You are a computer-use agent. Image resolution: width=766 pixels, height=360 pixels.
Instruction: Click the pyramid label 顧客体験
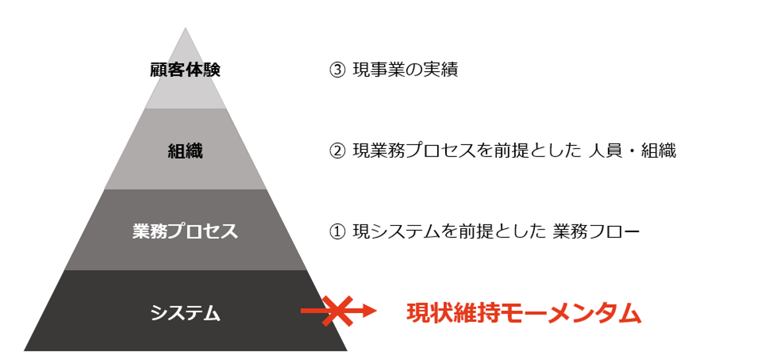[185, 70]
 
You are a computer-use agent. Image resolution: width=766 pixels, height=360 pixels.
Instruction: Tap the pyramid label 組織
[185, 152]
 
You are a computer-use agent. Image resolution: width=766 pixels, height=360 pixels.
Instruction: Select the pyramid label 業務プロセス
[185, 232]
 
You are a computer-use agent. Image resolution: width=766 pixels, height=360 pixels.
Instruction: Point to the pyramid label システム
[185, 313]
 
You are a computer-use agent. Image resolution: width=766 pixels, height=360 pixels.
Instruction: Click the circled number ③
[338, 70]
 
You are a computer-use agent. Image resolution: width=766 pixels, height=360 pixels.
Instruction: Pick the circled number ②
[338, 152]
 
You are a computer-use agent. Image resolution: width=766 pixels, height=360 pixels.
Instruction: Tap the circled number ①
[338, 232]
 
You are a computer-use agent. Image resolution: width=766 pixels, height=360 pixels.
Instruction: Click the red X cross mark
[337, 311]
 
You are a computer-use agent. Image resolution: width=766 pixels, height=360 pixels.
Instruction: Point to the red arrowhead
[369, 311]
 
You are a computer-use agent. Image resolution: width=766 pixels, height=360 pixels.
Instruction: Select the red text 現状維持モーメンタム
[524, 313]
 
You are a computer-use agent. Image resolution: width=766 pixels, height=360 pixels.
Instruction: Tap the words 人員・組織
[632, 152]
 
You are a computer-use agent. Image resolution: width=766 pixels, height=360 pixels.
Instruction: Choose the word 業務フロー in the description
[596, 232]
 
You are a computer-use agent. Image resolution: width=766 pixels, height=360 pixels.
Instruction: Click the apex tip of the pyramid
[185, 29]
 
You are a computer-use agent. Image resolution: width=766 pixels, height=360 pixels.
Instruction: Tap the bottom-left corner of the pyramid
[25, 350]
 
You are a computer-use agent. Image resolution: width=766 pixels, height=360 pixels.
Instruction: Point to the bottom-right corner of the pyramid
[346, 350]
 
